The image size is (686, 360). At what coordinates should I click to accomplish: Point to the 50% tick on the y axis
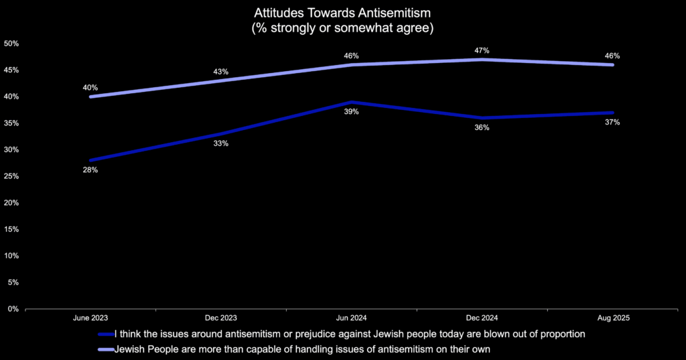11,44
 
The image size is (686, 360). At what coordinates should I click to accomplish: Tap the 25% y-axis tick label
11,176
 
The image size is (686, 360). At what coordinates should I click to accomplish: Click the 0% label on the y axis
13,309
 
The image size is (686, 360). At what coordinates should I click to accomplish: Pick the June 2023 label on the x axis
90,318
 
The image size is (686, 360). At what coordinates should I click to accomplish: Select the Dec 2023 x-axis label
221,318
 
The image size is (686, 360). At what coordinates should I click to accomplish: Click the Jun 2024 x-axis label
352,318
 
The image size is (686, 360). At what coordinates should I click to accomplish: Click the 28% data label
90,170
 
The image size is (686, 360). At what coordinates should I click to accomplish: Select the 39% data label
352,112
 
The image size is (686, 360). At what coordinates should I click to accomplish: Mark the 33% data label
221,143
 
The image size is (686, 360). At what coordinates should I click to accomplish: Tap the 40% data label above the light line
90,87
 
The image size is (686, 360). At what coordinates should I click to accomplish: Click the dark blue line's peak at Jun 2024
352,102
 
